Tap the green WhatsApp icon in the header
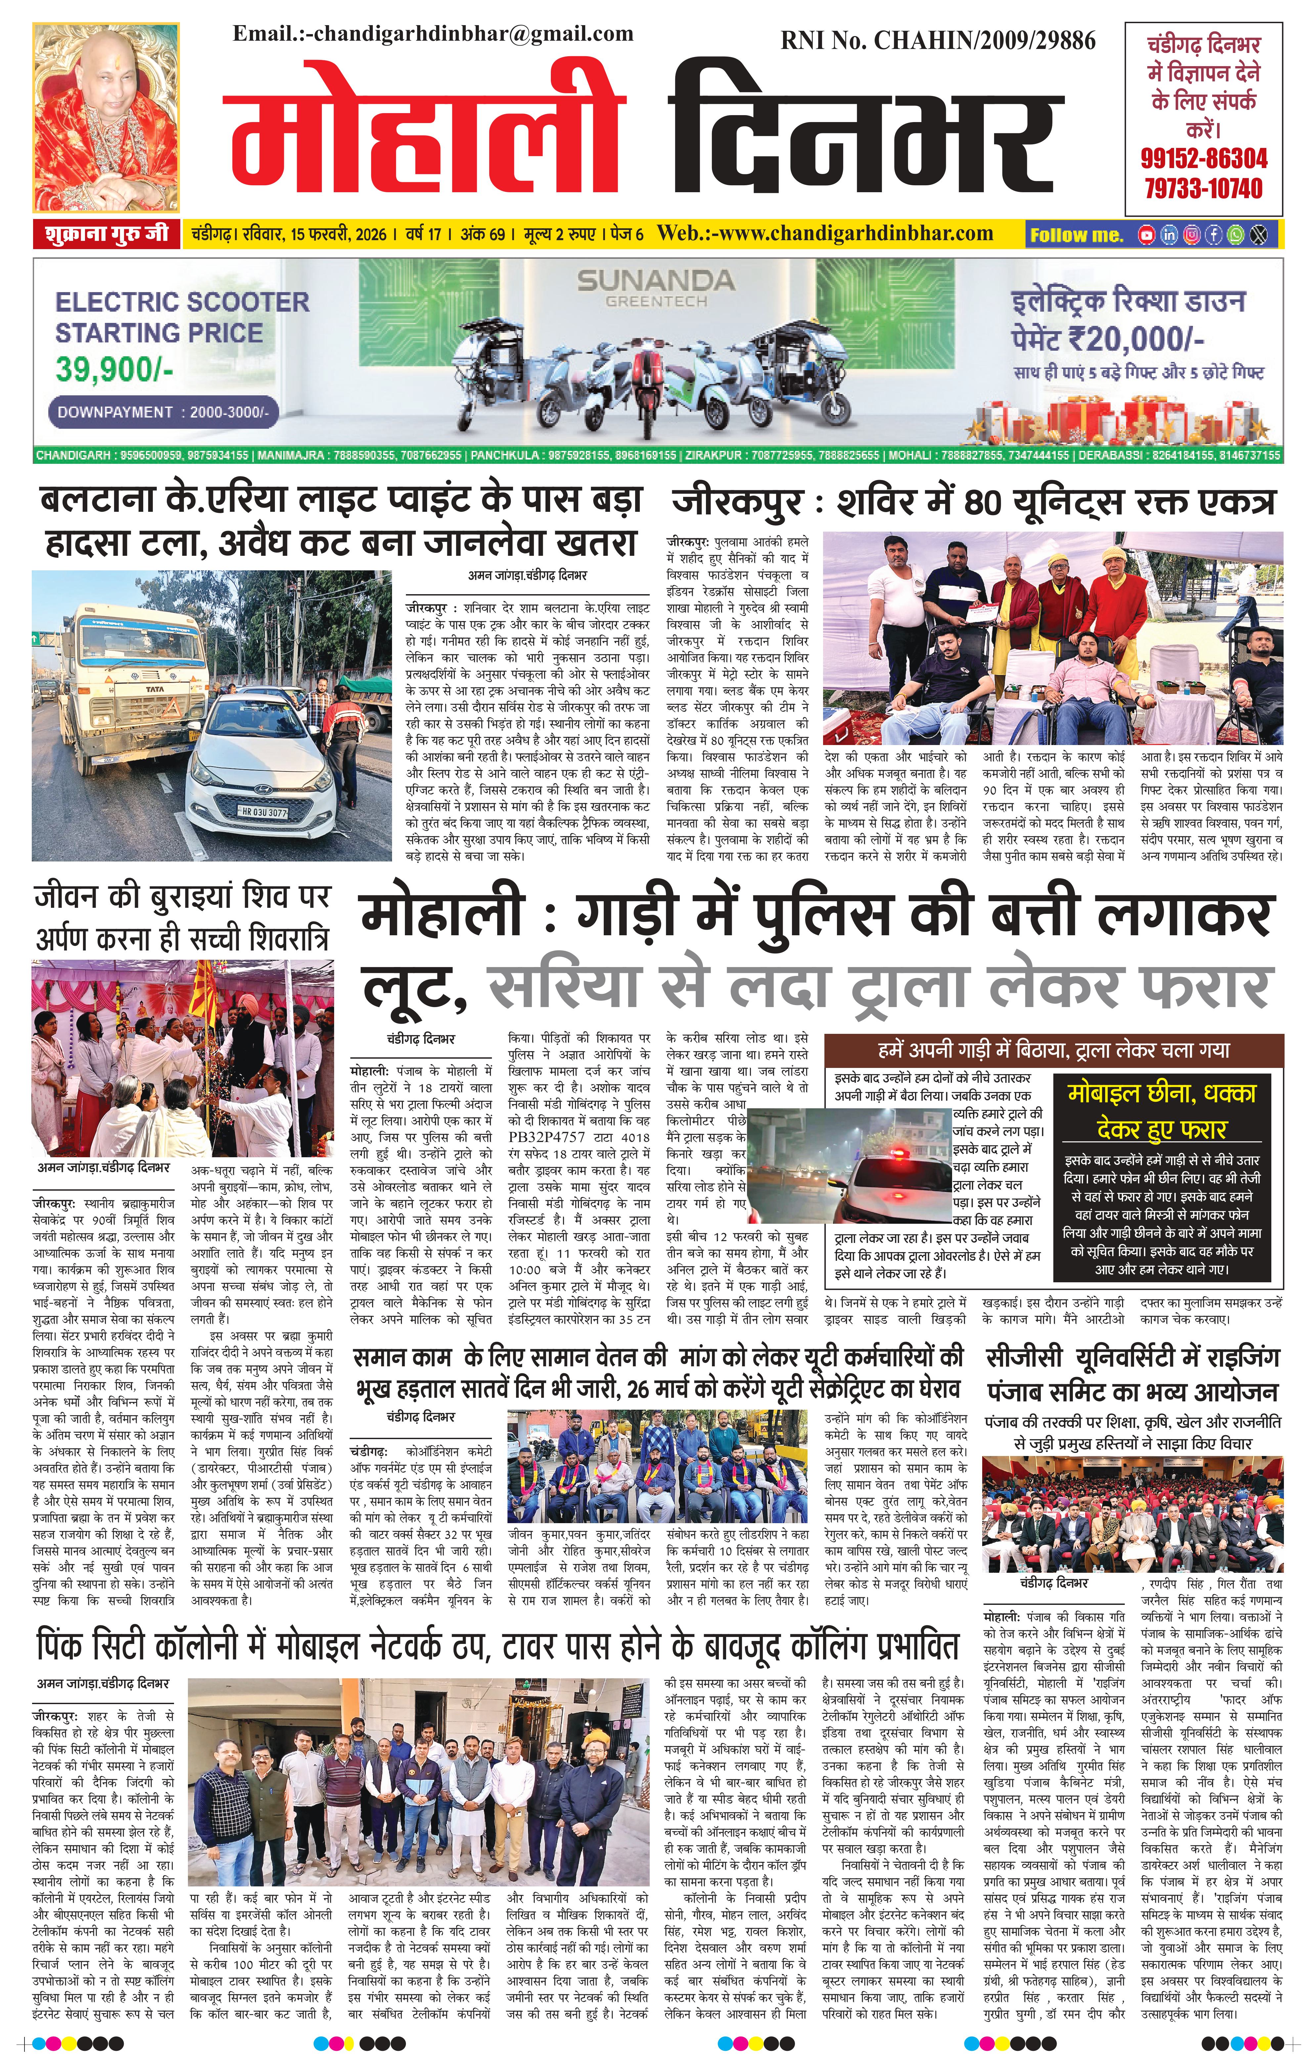(x=1235, y=235)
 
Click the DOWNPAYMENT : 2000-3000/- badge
(x=163, y=412)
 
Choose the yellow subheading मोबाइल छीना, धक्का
(x=1161, y=1093)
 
